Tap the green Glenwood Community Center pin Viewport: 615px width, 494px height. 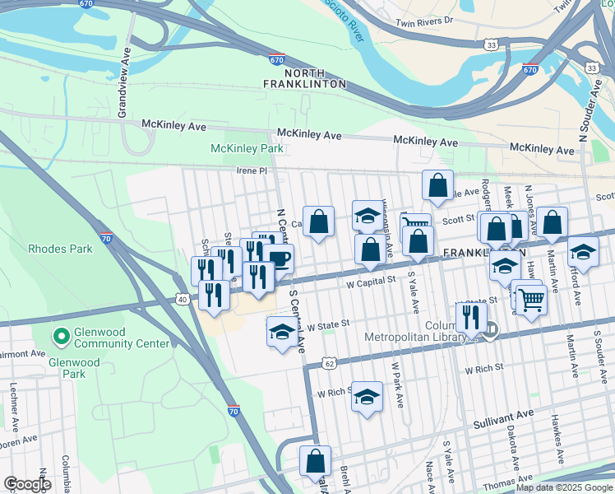point(59,337)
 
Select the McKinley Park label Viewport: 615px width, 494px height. point(247,149)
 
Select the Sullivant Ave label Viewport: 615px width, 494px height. point(503,423)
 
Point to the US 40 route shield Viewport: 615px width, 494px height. point(183,300)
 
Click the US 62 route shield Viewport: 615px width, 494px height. point(328,362)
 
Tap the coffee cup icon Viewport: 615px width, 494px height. point(279,259)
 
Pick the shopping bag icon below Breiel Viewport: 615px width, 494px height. point(315,461)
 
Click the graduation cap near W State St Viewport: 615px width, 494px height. point(282,332)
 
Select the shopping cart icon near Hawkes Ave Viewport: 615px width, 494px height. point(531,300)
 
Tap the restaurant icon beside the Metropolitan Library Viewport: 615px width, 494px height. point(470,315)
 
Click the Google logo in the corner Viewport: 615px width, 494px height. point(26,484)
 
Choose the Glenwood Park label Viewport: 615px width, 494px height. point(74,368)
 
